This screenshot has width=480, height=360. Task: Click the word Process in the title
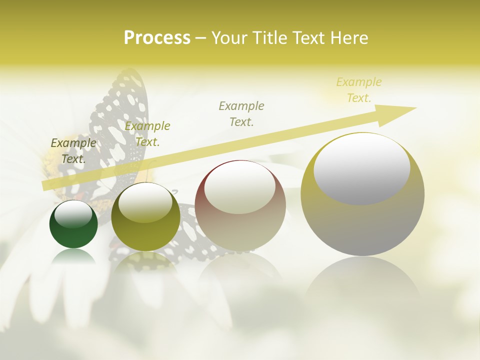pyautogui.click(x=157, y=38)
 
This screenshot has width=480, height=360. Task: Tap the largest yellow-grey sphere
pyautogui.click(x=362, y=225)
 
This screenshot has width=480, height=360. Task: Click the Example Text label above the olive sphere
pyautogui.click(x=147, y=134)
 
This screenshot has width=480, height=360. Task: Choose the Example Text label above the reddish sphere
pyautogui.click(x=241, y=113)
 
